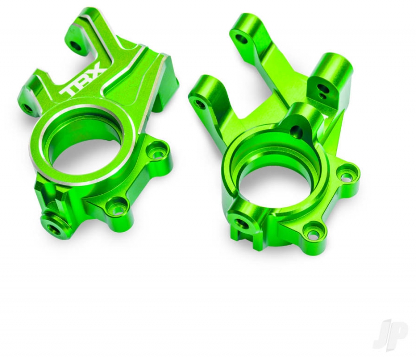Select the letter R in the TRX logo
pos(84,81)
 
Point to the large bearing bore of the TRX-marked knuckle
pos(80,149)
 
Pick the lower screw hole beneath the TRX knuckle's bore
pos(116,206)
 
